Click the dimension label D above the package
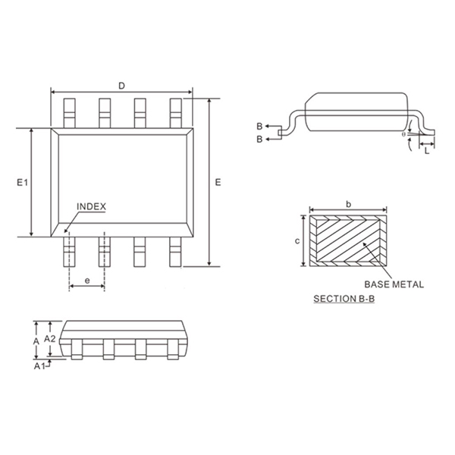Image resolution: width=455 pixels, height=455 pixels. pyautogui.click(x=121, y=86)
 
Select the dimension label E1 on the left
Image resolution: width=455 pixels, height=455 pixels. pyautogui.click(x=22, y=183)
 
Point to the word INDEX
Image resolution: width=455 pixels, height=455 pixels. pyautogui.click(x=91, y=206)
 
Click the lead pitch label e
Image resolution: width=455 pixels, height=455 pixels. pyautogui.click(x=86, y=281)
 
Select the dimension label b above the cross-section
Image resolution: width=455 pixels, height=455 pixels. pyautogui.click(x=347, y=203)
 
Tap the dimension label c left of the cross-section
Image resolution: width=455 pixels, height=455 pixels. pyautogui.click(x=297, y=240)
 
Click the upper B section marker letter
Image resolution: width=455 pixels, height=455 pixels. pyautogui.click(x=259, y=126)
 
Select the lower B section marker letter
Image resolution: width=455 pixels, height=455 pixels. pyautogui.click(x=259, y=140)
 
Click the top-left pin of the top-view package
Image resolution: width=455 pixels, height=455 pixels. pyautogui.click(x=69, y=112)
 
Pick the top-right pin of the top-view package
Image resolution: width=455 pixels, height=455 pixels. pyautogui.click(x=176, y=112)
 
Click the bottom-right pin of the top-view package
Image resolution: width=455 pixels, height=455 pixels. pyautogui.click(x=176, y=252)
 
